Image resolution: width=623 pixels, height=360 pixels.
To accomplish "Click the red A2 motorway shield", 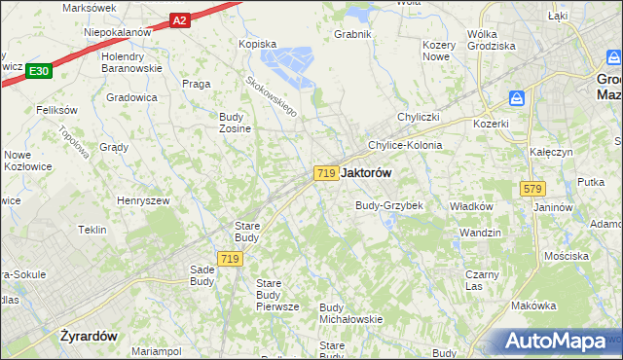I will coord(178,18).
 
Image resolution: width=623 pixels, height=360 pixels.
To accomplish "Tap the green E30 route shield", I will coord(39,71).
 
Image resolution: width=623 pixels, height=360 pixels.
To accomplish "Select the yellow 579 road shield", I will coord(531,189).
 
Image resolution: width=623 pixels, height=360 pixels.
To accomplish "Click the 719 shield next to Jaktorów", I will coord(326,172).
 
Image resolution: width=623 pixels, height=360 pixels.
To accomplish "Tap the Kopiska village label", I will coord(258,44).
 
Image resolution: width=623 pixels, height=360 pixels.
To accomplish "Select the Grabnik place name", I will coord(353,34).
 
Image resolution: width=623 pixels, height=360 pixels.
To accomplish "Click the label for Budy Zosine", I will coord(235,123).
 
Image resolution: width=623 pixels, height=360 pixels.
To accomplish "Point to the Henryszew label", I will coord(143,199).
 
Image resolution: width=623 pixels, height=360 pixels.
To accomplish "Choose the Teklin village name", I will coord(92,230).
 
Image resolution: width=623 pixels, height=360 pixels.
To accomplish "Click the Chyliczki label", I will coord(421,118).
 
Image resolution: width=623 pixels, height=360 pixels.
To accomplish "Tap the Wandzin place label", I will coord(480,233).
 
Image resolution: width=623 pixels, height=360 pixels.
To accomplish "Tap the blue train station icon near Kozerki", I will coord(517,98).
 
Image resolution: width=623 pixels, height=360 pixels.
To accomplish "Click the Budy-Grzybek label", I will coord(389,205).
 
